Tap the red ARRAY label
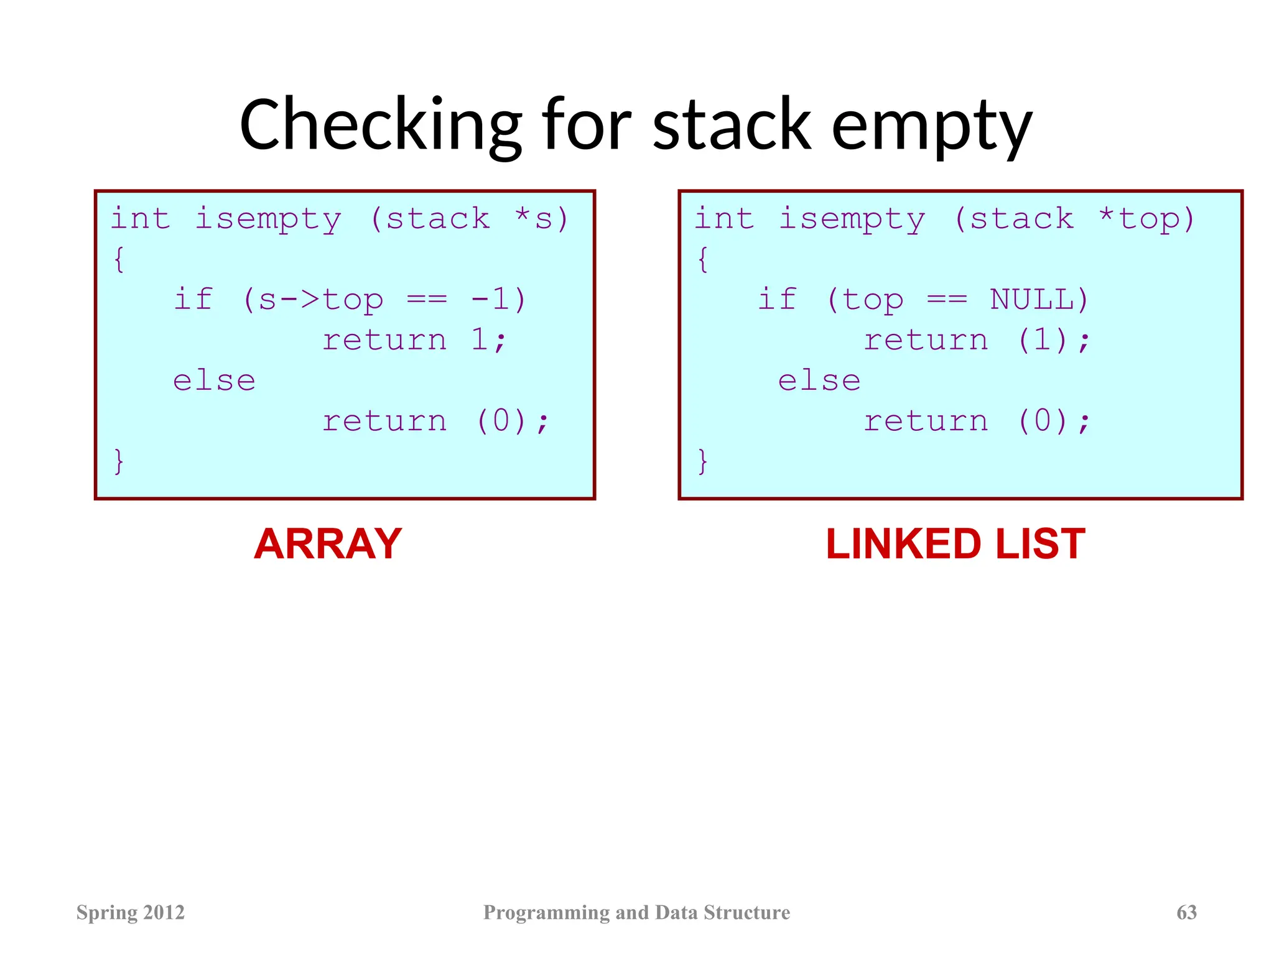pyautogui.click(x=328, y=544)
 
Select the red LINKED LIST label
pyautogui.click(x=955, y=544)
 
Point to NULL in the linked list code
pyautogui.click(x=1039, y=300)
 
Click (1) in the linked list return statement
pyautogui.click(x=1043, y=340)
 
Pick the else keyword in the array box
pyautogui.click(x=215, y=381)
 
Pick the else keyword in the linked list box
pyautogui.click(x=820, y=381)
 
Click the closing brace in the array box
pyautogui.click(x=119, y=461)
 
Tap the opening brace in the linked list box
pyautogui.click(x=703, y=259)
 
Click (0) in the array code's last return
pyautogui.click(x=501, y=421)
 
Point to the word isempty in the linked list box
pyautogui.click(x=852, y=219)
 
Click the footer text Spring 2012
pyautogui.click(x=131, y=912)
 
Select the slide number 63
pyautogui.click(x=1186, y=912)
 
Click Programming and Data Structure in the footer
pyautogui.click(x=636, y=912)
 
